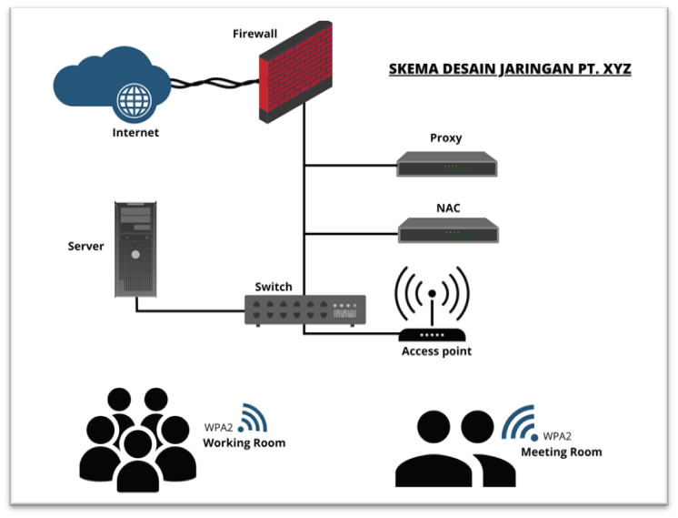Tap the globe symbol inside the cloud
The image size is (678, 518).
[135, 99]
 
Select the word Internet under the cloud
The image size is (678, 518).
[135, 133]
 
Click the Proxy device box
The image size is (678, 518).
[447, 166]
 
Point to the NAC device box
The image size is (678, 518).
[447, 231]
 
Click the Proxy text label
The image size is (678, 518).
[446, 138]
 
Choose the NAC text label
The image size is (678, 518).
[447, 208]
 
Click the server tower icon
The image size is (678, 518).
[135, 249]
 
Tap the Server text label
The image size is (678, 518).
[85, 247]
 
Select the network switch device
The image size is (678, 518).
[305, 310]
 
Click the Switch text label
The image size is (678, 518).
[274, 287]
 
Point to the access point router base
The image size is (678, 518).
[432, 335]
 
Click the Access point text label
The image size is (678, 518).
[436, 351]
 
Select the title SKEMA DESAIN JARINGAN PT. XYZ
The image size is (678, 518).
[510, 69]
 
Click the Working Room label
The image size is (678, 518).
[244, 443]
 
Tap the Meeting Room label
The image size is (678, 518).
[561, 452]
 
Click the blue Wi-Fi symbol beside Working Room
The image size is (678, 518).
[254, 418]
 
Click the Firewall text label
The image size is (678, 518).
[254, 34]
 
